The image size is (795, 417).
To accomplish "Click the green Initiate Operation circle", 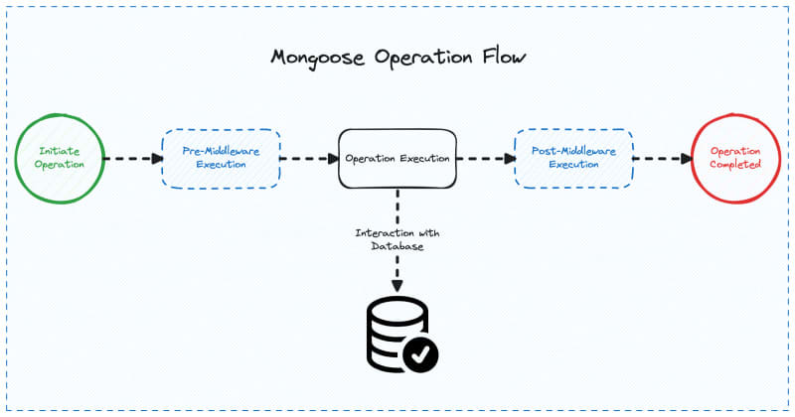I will [x=59, y=158].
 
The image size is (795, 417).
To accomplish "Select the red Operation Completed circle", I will [x=736, y=158].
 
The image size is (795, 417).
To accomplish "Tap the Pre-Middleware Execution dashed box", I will [x=221, y=158].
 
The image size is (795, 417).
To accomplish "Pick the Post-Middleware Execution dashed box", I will [x=573, y=158].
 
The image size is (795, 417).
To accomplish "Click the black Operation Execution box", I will [x=397, y=158].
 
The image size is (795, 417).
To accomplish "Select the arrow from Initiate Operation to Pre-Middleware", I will [x=132, y=158].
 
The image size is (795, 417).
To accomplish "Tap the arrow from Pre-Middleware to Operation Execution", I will [x=308, y=158].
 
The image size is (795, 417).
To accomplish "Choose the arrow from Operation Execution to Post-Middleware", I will [x=484, y=158].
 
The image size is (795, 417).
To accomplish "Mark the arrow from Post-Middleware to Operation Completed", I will [x=662, y=158].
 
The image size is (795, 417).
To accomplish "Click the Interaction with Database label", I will [x=397, y=239].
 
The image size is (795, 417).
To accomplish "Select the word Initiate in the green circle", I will [x=59, y=151].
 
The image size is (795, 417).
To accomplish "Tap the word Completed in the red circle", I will [x=736, y=165].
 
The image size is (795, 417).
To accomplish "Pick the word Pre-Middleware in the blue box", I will [x=221, y=151].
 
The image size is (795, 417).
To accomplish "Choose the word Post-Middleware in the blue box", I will [x=573, y=151].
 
